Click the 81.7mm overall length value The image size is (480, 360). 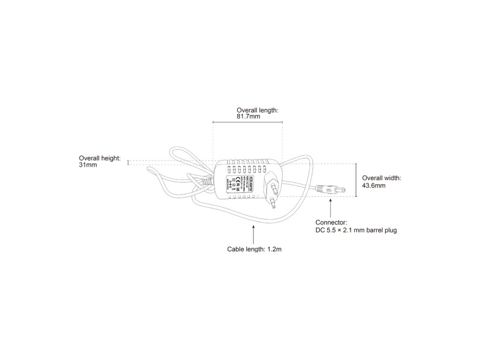(248, 116)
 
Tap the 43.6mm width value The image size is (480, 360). (374, 186)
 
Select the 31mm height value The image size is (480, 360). (88, 165)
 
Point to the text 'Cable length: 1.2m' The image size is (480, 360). (254, 249)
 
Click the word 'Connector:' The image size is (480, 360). (331, 222)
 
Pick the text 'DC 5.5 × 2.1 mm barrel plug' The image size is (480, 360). (356, 230)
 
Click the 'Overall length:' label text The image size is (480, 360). (257, 110)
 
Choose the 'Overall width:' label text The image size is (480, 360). (382, 178)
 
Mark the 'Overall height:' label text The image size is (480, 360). (100, 158)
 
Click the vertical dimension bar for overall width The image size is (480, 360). (356, 180)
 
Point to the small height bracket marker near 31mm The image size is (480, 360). (127, 163)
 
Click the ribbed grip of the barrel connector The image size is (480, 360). (324, 190)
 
